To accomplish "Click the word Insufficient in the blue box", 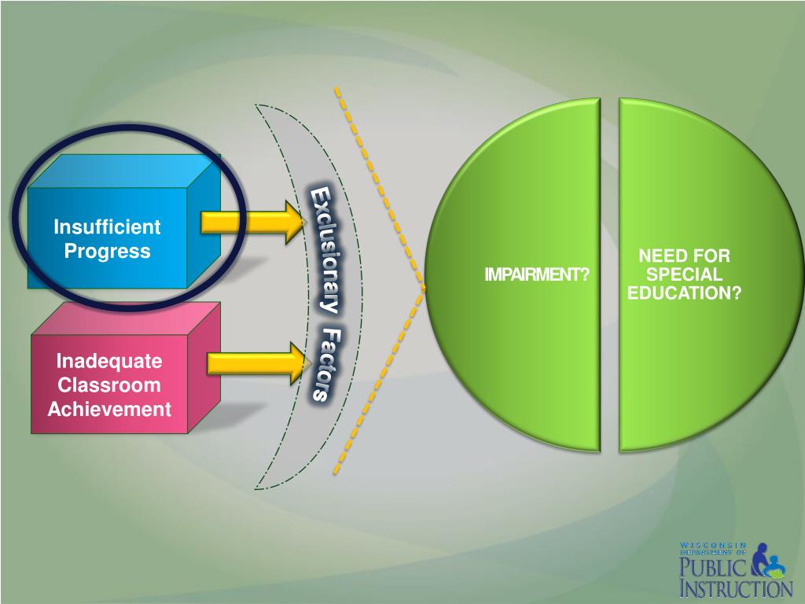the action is (107, 227).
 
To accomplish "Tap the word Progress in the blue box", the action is (107, 252).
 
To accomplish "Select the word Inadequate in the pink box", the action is (109, 361).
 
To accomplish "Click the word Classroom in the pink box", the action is (109, 385).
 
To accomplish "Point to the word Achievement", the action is (109, 409).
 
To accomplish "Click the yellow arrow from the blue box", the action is (252, 222).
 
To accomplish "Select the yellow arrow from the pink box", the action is (256, 363).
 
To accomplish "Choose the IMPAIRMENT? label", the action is (536, 274).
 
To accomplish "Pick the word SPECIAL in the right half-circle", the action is (684, 274).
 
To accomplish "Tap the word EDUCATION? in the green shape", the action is (684, 293).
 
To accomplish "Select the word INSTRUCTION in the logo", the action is (736, 588).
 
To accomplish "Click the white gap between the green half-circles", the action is (609, 275).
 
